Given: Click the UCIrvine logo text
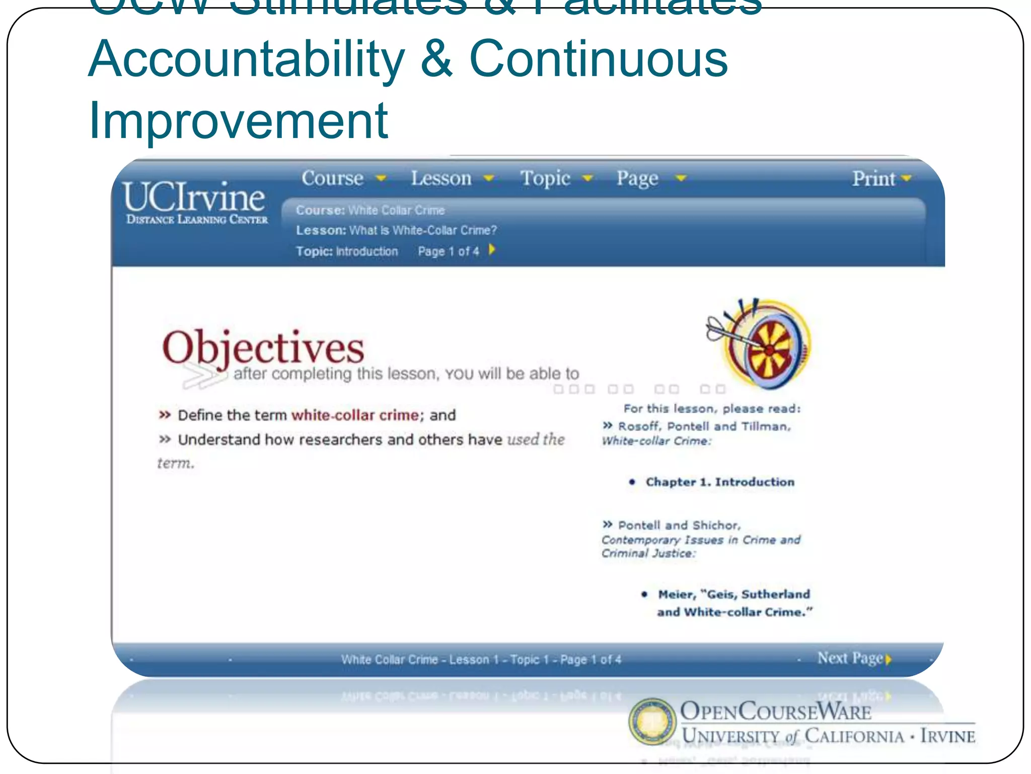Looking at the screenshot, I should click(x=194, y=197).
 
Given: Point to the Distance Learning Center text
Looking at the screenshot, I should click(x=197, y=220).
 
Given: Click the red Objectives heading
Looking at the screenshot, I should click(x=263, y=348).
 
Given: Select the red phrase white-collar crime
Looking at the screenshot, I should click(x=355, y=415).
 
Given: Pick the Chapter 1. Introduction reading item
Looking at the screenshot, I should click(x=719, y=482).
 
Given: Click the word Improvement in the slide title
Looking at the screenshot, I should click(x=238, y=121).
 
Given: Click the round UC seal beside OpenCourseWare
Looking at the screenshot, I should click(x=652, y=721).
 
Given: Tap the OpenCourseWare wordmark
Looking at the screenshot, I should click(x=775, y=712).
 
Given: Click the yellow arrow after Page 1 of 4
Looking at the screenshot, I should click(x=492, y=250).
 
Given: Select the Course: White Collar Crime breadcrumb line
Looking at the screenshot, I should click(x=370, y=210).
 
